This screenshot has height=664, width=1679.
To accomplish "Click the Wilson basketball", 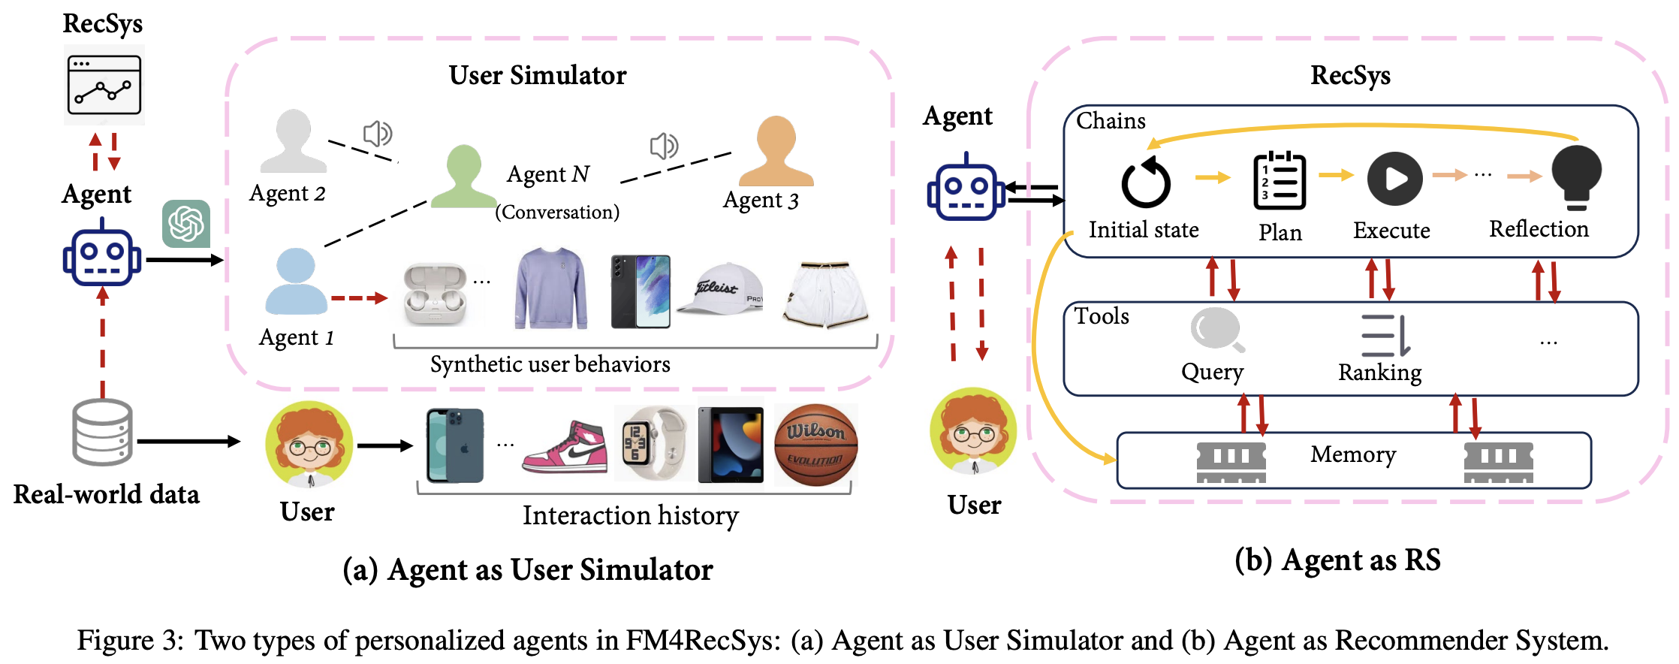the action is (x=815, y=445).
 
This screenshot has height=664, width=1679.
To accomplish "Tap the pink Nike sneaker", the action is (x=565, y=448).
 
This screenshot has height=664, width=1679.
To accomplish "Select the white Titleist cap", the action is (x=720, y=288).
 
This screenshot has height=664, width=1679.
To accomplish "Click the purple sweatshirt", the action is (x=550, y=288).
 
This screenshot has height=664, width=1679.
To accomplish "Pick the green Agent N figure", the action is (x=463, y=177).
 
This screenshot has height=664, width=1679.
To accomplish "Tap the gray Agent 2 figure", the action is (x=294, y=141).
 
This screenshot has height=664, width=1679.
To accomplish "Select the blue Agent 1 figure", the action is (x=296, y=281).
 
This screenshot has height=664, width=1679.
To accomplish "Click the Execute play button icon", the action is (x=1394, y=179).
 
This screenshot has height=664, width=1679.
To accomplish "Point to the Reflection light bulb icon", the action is (x=1576, y=177).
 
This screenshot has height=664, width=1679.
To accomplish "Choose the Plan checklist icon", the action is (x=1280, y=180).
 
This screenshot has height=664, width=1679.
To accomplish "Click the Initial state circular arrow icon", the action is (x=1145, y=183).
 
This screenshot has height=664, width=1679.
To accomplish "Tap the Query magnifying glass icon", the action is (x=1216, y=329).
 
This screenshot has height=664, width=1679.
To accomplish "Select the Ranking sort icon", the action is (x=1385, y=335).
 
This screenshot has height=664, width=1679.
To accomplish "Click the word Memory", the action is (x=1353, y=454).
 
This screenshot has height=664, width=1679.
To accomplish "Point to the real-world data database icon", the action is (x=103, y=433).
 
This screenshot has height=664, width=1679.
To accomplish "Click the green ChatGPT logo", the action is (x=186, y=224).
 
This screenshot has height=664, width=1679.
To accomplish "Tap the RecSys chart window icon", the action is (x=104, y=85).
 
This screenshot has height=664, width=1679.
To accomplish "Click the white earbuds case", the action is (x=435, y=294).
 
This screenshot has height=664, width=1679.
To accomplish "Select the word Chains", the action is (x=1111, y=121).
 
